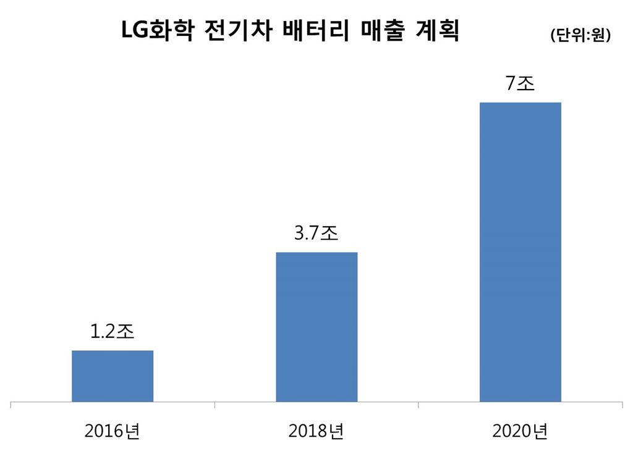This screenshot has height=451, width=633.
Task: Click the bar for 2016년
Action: pyautogui.click(x=113, y=376)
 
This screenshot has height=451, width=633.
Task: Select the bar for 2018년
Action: pyautogui.click(x=316, y=327)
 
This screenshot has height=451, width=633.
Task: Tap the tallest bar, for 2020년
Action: pyautogui.click(x=520, y=251)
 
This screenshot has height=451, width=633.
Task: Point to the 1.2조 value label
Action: pyautogui.click(x=113, y=331)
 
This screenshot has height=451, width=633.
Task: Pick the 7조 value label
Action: pyautogui.click(x=520, y=83)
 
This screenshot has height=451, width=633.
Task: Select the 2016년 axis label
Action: pyautogui.click(x=113, y=430)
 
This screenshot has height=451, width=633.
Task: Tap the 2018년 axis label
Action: pyautogui.click(x=316, y=430)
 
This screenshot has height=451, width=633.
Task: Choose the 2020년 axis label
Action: pyautogui.click(x=520, y=430)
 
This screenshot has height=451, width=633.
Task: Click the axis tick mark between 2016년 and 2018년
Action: pyautogui.click(x=215, y=405)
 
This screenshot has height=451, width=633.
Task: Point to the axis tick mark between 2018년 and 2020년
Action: pyautogui.click(x=418, y=405)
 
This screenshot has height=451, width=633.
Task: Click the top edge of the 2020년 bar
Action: pyautogui.click(x=520, y=103)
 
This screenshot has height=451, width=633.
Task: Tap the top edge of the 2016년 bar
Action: pyautogui.click(x=113, y=351)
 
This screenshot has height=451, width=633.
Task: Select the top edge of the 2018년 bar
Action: pyautogui.click(x=316, y=253)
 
